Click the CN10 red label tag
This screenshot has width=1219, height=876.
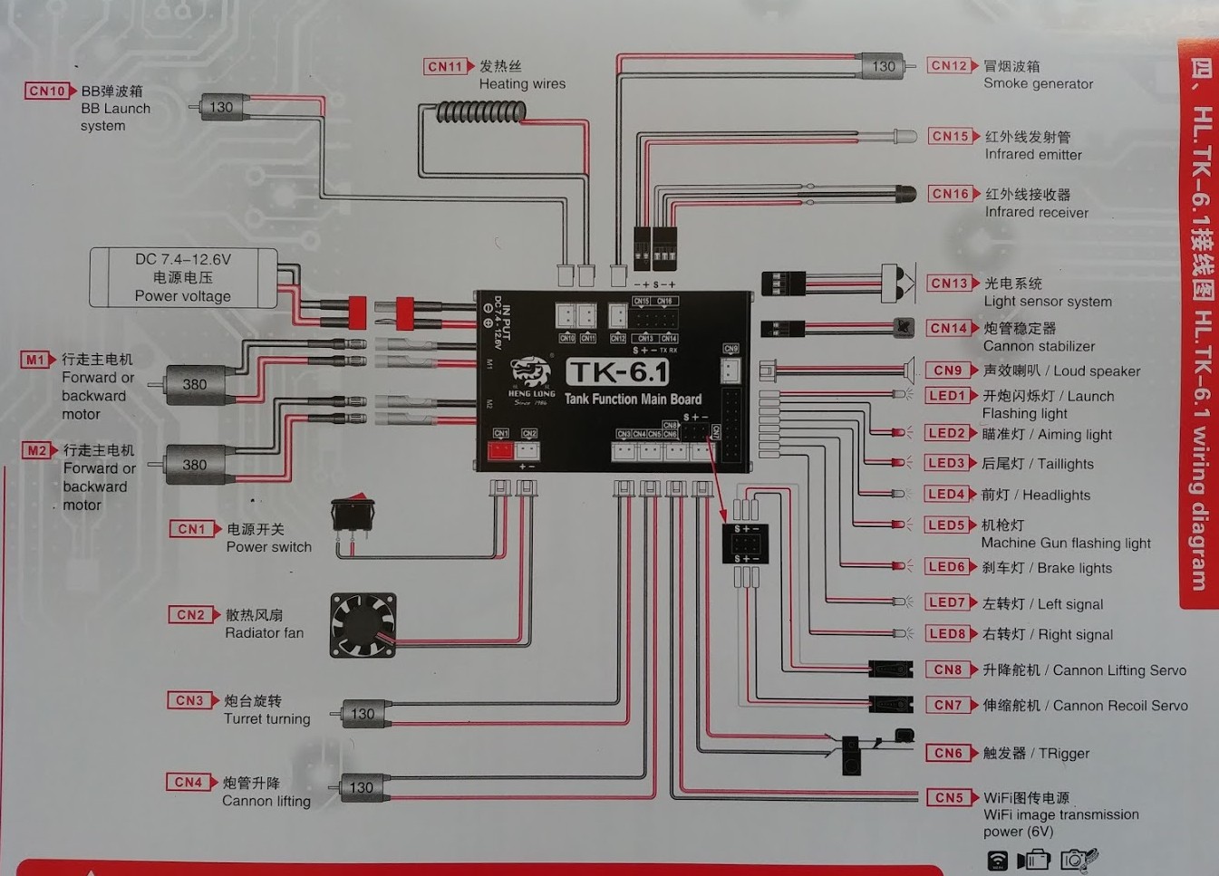click(48, 91)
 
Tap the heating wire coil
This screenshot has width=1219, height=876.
click(481, 111)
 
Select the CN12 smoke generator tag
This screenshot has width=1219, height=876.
click(950, 66)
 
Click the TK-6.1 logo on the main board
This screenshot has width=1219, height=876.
click(617, 371)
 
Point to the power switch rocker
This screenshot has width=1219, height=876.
click(353, 513)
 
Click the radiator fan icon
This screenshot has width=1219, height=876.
click(363, 624)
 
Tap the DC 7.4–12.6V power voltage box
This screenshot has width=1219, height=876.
click(183, 277)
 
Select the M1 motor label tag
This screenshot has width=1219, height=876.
click(35, 360)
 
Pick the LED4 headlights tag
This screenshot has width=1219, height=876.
click(946, 495)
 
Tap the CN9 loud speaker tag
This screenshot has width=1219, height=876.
click(948, 371)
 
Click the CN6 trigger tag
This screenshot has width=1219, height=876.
click(948, 753)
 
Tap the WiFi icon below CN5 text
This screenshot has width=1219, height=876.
click(997, 860)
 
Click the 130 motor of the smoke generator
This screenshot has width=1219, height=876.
click(882, 66)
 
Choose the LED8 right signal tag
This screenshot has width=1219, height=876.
click(947, 634)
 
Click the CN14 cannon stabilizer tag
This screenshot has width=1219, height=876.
click(950, 328)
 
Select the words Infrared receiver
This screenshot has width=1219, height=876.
click(1036, 212)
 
